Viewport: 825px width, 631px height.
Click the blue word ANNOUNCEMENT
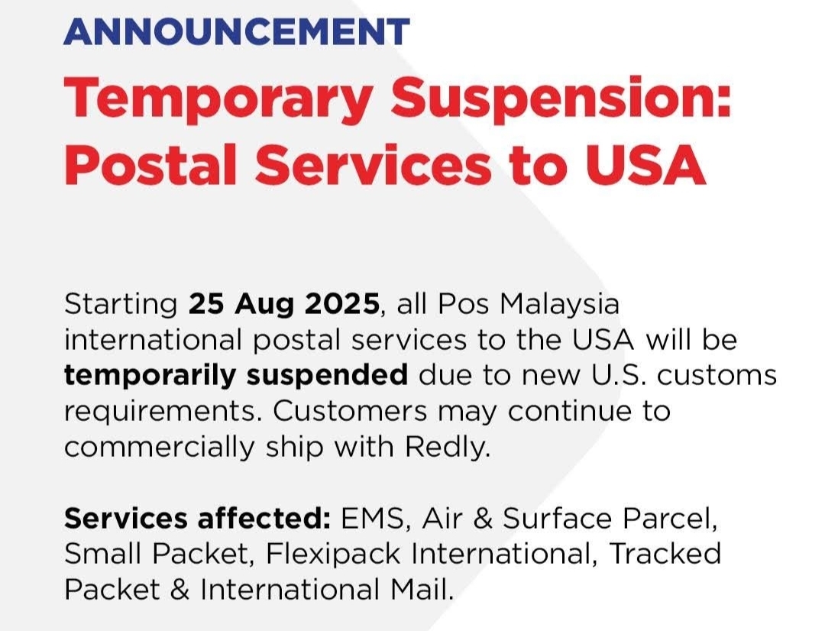[x=237, y=31]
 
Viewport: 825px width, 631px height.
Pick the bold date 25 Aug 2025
[x=284, y=304]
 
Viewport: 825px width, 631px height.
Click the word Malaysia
[x=559, y=306]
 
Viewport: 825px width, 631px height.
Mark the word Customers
[x=350, y=411]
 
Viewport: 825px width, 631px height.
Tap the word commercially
[x=160, y=448]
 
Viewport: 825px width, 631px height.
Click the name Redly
[x=447, y=448]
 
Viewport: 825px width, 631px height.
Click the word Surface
[x=557, y=519]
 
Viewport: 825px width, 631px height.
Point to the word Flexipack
[x=332, y=554]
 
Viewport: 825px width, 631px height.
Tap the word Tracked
[x=665, y=553]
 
